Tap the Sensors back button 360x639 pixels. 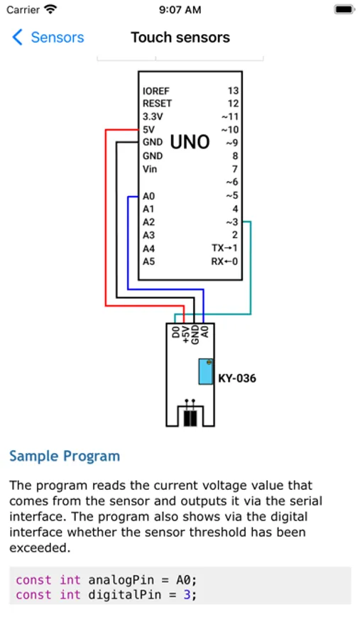[x=48, y=38]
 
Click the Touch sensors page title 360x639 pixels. [x=180, y=38]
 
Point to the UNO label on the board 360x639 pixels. [x=190, y=142]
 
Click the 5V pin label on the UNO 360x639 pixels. [x=149, y=130]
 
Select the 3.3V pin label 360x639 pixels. [x=153, y=116]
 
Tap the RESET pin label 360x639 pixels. [x=157, y=104]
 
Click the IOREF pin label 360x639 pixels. [x=156, y=90]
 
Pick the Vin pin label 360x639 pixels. [x=150, y=169]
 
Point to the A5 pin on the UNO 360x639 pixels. [x=149, y=261]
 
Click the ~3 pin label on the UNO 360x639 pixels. [x=232, y=222]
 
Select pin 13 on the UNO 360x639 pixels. [x=233, y=90]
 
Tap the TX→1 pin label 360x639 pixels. [x=224, y=248]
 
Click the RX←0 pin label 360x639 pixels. [x=224, y=261]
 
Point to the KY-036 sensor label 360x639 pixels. [x=237, y=378]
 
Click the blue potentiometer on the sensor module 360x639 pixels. [x=206, y=371]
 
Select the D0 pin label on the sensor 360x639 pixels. [x=176, y=332]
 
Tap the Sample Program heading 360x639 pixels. [x=65, y=456]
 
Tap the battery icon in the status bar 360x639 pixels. [x=344, y=10]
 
